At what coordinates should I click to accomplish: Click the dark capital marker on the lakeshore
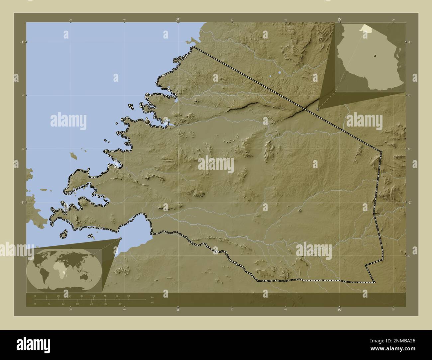point(147,122)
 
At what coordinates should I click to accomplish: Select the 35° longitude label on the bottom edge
point(339,310)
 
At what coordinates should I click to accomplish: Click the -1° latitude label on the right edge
point(409,42)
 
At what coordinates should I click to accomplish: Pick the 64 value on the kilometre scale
point(129,296)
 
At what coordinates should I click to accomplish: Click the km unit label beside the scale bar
point(152,297)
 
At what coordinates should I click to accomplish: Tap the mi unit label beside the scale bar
point(152,303)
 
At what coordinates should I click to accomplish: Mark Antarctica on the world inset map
point(63,288)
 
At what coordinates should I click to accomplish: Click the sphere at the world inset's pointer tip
point(120,238)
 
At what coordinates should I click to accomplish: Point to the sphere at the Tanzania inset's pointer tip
point(318,109)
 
